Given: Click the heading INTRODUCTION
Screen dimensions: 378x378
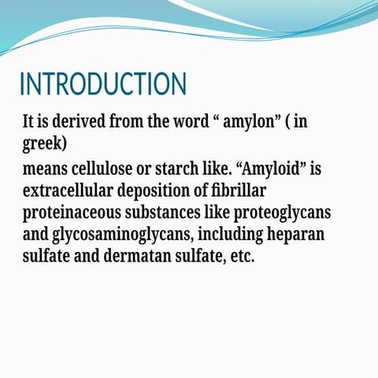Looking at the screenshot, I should [102, 85].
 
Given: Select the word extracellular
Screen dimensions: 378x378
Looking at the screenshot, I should [69, 191].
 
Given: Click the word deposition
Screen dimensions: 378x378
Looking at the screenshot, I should [164, 191].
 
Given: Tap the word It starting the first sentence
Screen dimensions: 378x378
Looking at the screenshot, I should [29, 123].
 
